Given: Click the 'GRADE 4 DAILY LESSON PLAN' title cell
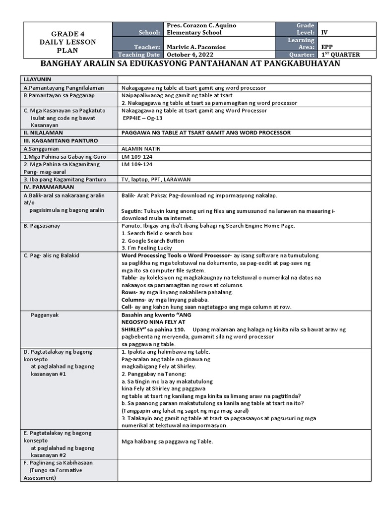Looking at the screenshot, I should [68, 42].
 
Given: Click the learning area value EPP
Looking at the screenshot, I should [328, 47].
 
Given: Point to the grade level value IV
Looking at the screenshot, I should [325, 32].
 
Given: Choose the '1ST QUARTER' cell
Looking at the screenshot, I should [341, 55].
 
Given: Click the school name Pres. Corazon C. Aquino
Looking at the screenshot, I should [201, 25].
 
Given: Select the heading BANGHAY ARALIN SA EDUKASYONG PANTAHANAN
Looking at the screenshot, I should [190, 64].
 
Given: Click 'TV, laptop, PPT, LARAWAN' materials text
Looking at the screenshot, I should [156, 179].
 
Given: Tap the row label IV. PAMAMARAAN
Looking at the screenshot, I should [49, 187].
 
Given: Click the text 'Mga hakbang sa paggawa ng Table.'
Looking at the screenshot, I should [167, 442].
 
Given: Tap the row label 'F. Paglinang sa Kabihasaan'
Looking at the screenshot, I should [58, 462].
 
